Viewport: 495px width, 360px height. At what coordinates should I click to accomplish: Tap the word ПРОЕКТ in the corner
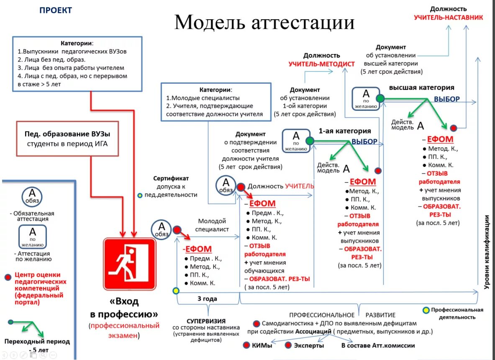(x=56, y=10)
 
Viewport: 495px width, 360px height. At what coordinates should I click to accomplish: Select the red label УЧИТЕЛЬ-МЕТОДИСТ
(x=321, y=64)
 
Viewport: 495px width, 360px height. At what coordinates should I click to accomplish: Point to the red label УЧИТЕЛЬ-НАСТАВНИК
(x=448, y=18)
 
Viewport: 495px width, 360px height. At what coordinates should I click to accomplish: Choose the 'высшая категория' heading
(x=421, y=88)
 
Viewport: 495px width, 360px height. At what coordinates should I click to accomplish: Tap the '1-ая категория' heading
(x=345, y=131)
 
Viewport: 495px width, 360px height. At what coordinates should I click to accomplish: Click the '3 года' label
(x=208, y=299)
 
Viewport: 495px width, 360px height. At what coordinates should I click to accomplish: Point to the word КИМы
(x=263, y=345)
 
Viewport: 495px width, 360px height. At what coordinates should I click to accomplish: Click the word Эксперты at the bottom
(x=309, y=345)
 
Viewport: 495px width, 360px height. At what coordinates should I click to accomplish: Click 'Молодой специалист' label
(x=212, y=225)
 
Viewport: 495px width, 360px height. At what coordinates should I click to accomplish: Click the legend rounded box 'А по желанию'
(x=33, y=236)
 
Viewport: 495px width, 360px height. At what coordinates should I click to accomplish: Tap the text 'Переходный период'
(x=37, y=342)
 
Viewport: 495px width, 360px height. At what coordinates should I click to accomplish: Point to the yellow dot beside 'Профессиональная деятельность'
(x=426, y=310)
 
